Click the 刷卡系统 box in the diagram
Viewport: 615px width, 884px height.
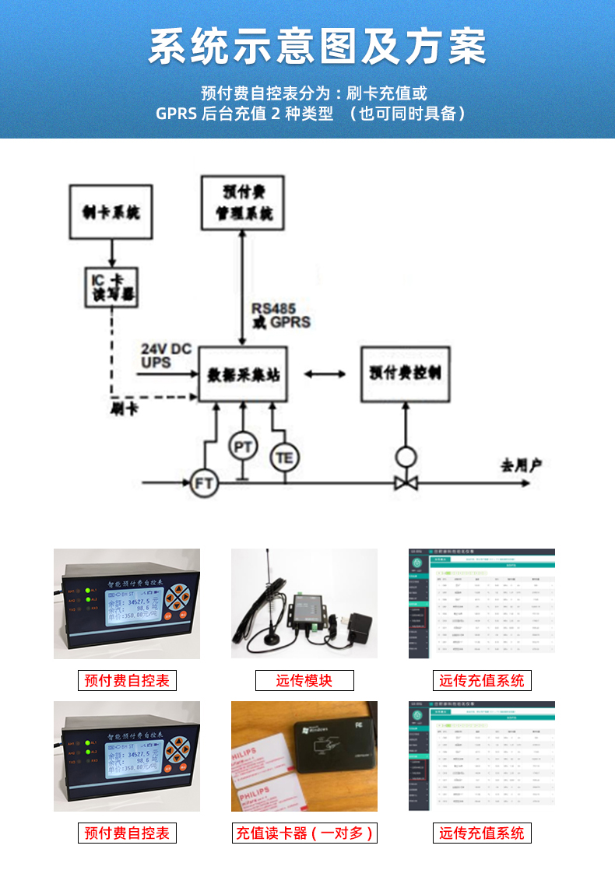pyautogui.click(x=111, y=212)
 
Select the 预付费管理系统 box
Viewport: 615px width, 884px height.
pyautogui.click(x=242, y=202)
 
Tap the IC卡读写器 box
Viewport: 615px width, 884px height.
pyautogui.click(x=111, y=286)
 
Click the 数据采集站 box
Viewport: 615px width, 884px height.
pyautogui.click(x=244, y=374)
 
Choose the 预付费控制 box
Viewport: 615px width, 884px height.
pyautogui.click(x=405, y=374)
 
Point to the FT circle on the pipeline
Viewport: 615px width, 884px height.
pyautogui.click(x=204, y=483)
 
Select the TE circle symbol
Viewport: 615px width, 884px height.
pyautogui.click(x=284, y=458)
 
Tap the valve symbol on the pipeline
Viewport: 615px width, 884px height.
pyautogui.click(x=405, y=482)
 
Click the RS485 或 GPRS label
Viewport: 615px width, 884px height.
pyautogui.click(x=279, y=315)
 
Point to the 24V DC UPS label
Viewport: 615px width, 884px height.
pyautogui.click(x=165, y=356)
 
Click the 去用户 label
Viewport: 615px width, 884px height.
pyautogui.click(x=521, y=465)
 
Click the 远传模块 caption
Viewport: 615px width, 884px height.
pyautogui.click(x=304, y=681)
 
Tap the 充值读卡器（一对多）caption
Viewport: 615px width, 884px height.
pyautogui.click(x=304, y=833)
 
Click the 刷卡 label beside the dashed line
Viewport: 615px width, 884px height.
pyautogui.click(x=125, y=409)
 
